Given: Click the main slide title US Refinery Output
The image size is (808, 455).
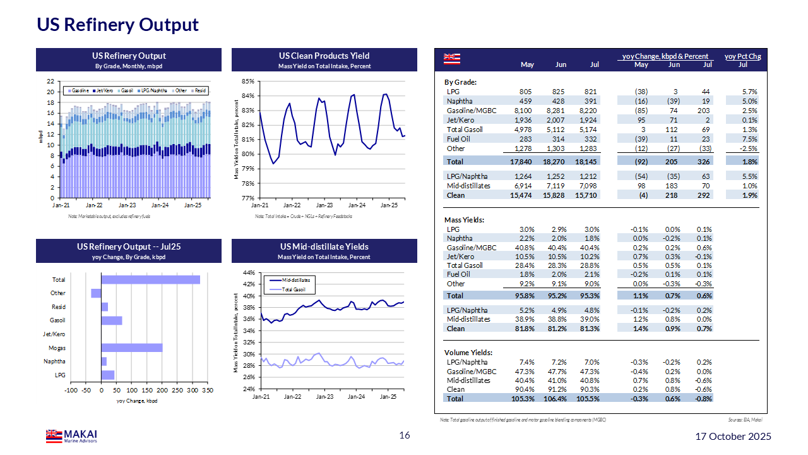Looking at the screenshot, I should pos(117,25).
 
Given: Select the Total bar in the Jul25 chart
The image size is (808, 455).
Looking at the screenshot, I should pos(150,279).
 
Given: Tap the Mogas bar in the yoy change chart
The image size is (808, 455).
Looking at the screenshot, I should pos(132,348).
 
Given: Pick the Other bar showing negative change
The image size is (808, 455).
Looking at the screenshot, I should pos(96,293).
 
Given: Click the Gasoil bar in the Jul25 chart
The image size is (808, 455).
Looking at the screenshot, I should pos(112,320).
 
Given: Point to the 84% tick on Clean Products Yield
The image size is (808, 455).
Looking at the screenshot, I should pos(247,96).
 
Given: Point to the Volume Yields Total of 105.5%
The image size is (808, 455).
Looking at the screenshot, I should pos(588,399).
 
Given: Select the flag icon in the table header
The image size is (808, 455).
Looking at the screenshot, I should pos(452,59).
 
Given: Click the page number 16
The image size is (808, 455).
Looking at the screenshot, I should pos(405,435).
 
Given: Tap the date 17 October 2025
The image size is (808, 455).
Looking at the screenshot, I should pos(733,436).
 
